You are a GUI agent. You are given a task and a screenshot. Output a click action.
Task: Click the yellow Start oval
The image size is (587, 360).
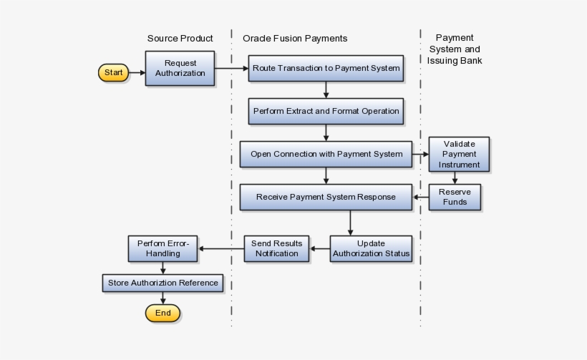point(113,72)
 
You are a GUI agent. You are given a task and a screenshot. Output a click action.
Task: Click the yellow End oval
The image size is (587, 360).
point(162,313)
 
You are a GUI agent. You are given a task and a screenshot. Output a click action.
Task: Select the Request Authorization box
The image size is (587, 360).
point(180,68)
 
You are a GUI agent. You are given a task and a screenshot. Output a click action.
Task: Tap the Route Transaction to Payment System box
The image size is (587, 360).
point(326,68)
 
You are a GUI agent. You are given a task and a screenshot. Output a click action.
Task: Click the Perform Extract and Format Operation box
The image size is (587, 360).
point(326,111)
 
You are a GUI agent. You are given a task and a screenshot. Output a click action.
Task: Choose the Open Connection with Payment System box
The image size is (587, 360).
point(326,154)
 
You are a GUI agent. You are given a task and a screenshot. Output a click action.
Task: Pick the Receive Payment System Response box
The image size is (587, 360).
point(326,197)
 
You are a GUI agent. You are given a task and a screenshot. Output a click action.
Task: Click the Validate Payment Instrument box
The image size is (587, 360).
point(459,155)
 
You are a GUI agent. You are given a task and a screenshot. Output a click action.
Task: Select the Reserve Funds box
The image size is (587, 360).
point(455,197)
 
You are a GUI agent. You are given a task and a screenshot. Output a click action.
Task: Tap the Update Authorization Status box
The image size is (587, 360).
point(371,248)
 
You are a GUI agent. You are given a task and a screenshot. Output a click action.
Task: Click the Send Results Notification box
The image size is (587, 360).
point(276,248)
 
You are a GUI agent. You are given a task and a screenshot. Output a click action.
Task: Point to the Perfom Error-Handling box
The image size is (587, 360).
point(162,248)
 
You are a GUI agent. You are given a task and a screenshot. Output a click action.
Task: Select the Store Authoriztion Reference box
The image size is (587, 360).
point(162,283)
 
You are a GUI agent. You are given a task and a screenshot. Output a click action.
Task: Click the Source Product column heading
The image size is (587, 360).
point(180,39)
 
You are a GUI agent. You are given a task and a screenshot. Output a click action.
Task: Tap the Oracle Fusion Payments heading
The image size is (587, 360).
point(295,39)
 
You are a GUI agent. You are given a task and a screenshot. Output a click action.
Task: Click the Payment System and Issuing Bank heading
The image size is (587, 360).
point(455,49)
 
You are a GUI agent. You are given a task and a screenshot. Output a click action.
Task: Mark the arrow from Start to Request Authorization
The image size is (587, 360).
point(137,72)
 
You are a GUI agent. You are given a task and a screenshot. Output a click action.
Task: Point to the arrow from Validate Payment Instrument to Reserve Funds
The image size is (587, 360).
point(455,178)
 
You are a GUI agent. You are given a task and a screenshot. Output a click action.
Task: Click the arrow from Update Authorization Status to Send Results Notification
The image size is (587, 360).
point(320,248)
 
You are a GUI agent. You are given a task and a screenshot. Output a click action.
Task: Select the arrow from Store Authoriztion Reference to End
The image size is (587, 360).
point(162,298)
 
